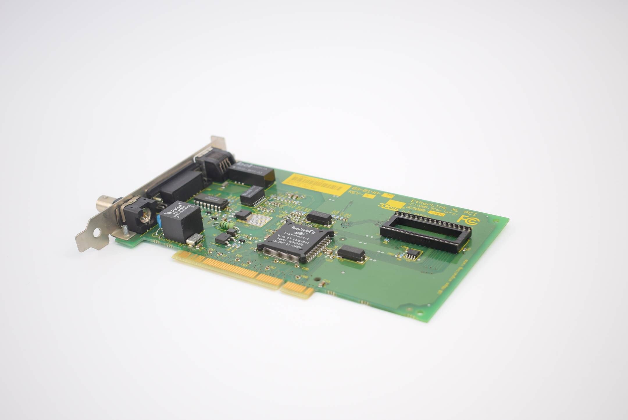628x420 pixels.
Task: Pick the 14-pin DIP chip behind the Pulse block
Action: [x=211, y=201]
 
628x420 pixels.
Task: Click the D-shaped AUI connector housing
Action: [x=174, y=186]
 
